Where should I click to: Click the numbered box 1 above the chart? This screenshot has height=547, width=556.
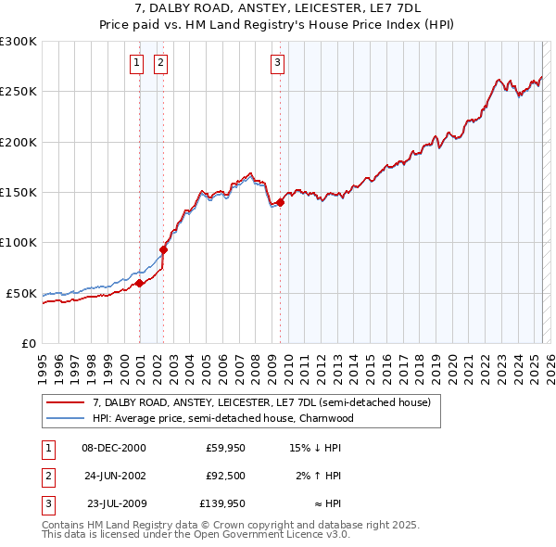click(x=136, y=63)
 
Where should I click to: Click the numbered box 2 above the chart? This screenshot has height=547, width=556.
click(x=160, y=63)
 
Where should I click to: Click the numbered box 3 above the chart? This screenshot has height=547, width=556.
click(x=277, y=63)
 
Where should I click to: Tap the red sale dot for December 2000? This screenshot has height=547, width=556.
click(x=139, y=283)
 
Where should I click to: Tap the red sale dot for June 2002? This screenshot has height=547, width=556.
click(x=164, y=249)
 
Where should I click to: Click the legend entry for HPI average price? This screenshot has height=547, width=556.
click(x=222, y=418)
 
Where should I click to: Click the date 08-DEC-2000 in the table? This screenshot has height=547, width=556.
click(x=114, y=448)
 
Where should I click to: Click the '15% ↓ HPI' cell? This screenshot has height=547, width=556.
click(x=315, y=448)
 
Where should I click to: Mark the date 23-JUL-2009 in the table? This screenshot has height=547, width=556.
click(x=114, y=505)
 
